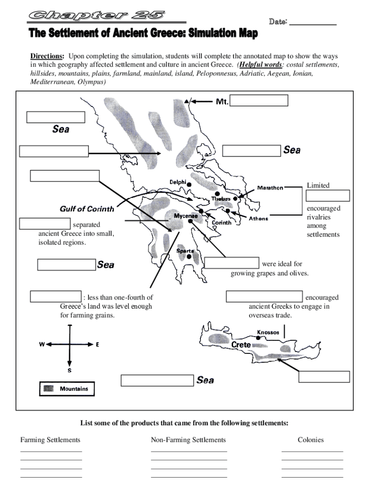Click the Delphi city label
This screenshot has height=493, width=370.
click(177, 182)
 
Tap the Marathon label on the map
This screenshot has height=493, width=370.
click(270, 188)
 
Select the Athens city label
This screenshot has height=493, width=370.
click(259, 219)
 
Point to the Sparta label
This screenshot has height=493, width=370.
click(185, 251)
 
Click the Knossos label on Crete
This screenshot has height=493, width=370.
click(268, 332)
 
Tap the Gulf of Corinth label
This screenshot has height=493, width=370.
click(87, 209)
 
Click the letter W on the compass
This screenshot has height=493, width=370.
click(42, 345)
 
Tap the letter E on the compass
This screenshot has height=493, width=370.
click(98, 345)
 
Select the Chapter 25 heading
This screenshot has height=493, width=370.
click(97, 16)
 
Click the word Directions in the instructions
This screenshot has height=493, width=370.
click(47, 56)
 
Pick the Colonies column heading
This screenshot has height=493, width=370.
click(311, 440)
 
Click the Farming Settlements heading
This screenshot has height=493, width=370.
click(50, 440)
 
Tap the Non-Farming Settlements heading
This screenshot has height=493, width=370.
click(188, 440)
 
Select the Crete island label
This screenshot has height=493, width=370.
click(241, 345)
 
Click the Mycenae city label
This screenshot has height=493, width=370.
click(185, 216)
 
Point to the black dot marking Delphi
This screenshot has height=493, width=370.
click(189, 184)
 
